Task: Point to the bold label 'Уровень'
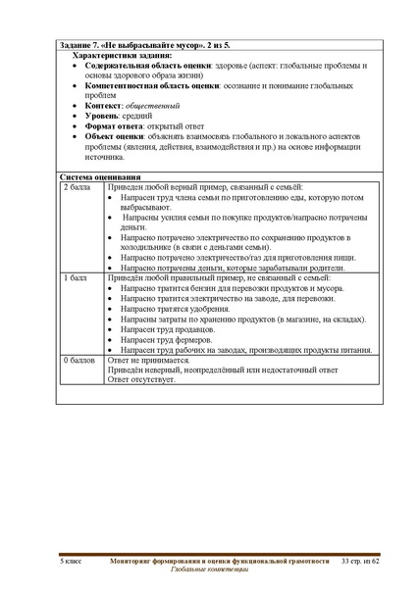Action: pos(105,116)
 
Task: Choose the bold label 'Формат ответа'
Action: pos(119,126)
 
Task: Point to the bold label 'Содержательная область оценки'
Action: pos(147,66)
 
